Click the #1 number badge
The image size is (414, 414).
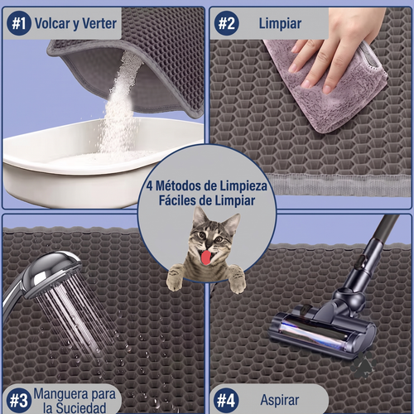pyautogui.click(x=19, y=23)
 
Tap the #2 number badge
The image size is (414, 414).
pyautogui.click(x=227, y=23)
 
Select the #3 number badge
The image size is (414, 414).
pyautogui.click(x=19, y=400)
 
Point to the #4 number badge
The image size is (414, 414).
pyautogui.click(x=226, y=400)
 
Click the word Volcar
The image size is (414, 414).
pyautogui.click(x=52, y=23)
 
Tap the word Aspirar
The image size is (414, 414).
pyautogui.click(x=280, y=400)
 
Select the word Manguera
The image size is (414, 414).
pyautogui.click(x=61, y=394)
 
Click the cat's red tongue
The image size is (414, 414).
pyautogui.click(x=205, y=258)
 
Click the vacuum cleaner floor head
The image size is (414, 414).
pyautogui.click(x=322, y=331)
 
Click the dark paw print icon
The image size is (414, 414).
pyautogui.click(x=363, y=364)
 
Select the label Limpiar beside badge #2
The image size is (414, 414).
pyautogui.click(x=280, y=23)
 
